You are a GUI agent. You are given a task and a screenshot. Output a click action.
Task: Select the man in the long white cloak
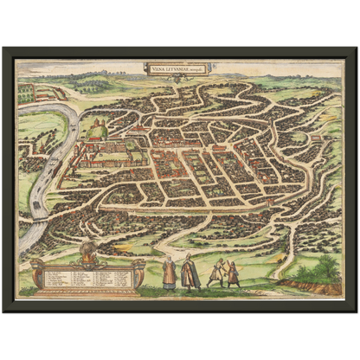[x=190, y=273]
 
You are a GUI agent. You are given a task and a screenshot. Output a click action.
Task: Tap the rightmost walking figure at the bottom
[x=233, y=273]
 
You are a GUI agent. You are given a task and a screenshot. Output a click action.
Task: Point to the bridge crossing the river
[x=40, y=194]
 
